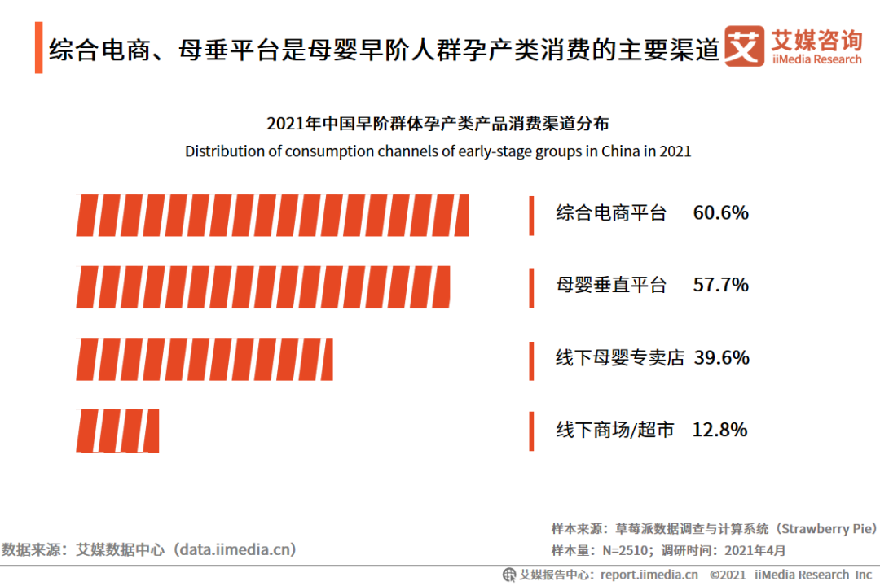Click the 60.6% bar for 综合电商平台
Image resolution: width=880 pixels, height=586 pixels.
click(x=273, y=215)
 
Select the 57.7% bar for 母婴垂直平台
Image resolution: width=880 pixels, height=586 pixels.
click(x=263, y=286)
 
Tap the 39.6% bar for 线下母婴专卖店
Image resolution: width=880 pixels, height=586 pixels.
click(x=205, y=358)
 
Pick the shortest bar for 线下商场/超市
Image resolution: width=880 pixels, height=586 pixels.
click(x=118, y=430)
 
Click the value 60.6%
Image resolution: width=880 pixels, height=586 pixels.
click(x=721, y=213)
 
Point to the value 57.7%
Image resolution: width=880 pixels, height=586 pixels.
click(x=721, y=285)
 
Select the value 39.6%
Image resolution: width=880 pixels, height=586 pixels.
click(x=722, y=357)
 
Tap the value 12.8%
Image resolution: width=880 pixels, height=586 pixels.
click(x=719, y=430)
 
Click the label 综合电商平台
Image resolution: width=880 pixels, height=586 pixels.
click(x=611, y=213)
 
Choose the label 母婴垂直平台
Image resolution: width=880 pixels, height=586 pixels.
click(x=611, y=285)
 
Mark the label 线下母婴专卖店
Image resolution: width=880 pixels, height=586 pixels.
click(x=620, y=357)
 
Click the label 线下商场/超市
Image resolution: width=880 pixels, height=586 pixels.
click(x=615, y=430)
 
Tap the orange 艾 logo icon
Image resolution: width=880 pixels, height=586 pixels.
click(x=745, y=46)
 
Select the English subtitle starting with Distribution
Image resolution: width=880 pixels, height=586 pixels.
click(x=438, y=151)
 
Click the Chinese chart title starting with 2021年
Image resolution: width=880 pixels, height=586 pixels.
click(x=438, y=124)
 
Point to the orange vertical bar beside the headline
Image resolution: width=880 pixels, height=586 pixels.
click(x=38, y=48)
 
